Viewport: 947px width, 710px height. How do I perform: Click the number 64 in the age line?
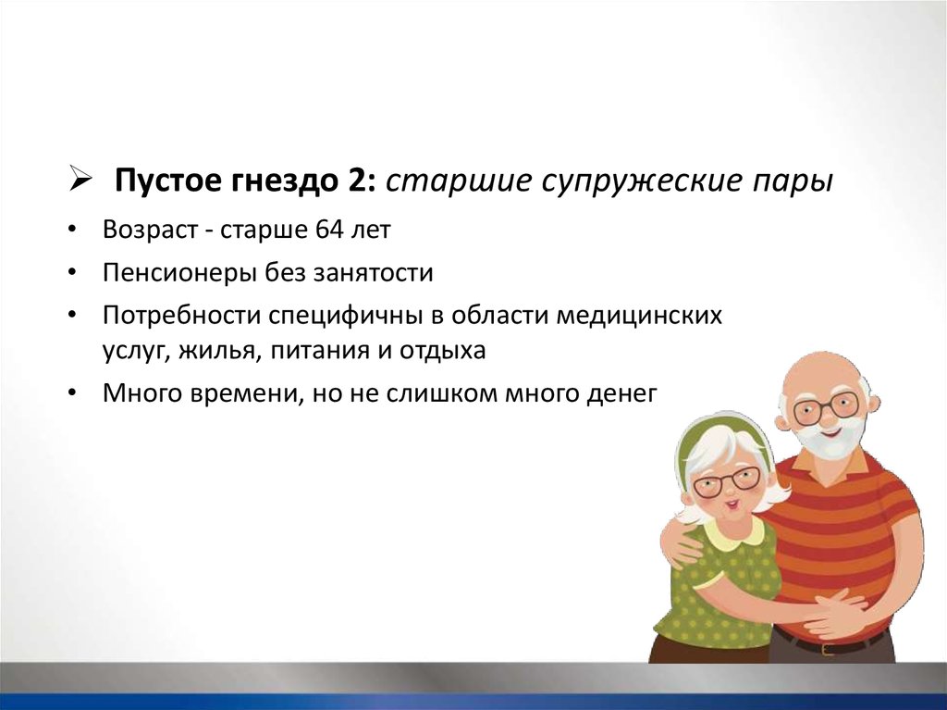click(328, 230)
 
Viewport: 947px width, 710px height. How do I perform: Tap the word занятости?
click(374, 273)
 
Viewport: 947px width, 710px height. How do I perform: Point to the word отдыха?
click(442, 352)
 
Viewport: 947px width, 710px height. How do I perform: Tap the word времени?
click(248, 394)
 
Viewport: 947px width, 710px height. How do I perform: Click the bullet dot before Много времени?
click(72, 393)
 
